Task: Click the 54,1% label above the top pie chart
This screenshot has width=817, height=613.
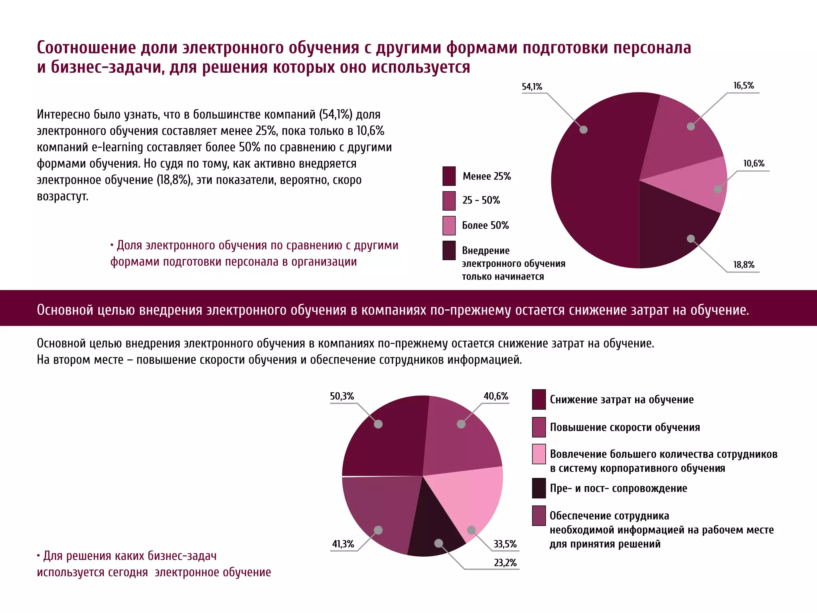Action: (532, 87)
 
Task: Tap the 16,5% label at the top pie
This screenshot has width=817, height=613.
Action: (743, 86)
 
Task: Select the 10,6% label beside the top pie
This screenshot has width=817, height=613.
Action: (753, 164)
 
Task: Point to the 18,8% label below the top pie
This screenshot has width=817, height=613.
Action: (744, 265)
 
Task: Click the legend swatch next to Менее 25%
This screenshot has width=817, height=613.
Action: (449, 176)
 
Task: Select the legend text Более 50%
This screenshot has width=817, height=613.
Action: (485, 225)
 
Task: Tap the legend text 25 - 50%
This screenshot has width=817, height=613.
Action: (481, 200)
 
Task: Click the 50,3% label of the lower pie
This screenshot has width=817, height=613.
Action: (342, 396)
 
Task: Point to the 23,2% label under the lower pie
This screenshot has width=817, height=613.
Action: (505, 563)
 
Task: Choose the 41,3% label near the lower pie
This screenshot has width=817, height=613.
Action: (343, 544)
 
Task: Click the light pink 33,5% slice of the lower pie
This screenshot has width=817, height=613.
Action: (471, 499)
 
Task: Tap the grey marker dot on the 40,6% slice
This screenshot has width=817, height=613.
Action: (461, 424)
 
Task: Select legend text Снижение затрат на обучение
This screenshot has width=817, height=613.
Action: (622, 400)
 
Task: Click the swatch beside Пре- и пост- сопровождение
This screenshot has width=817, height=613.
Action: (539, 488)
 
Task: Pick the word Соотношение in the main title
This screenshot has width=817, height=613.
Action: (86, 48)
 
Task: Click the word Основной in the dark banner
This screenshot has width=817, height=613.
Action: (65, 310)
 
